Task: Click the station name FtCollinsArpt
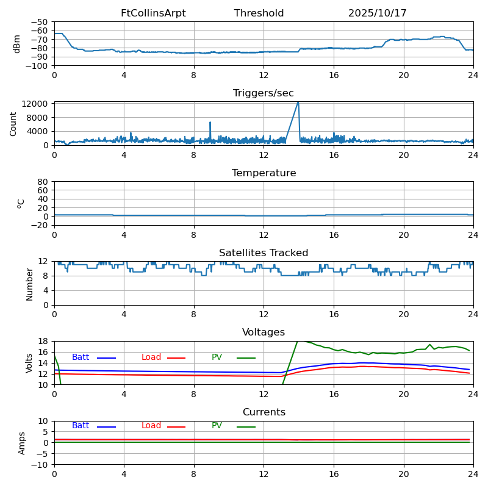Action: (153, 13)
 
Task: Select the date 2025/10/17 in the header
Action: (378, 13)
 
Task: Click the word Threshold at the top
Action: (259, 13)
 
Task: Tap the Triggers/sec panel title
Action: (264, 93)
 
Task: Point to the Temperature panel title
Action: (264, 173)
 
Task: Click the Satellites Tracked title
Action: (264, 253)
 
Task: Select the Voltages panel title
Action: (264, 332)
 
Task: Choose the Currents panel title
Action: (264, 412)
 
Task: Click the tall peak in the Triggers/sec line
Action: (298, 102)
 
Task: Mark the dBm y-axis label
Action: (17, 43)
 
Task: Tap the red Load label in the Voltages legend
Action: (151, 357)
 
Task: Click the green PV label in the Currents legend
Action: (218, 426)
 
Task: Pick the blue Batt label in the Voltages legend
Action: (81, 357)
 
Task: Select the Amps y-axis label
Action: (22, 443)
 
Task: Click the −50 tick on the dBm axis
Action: (40, 22)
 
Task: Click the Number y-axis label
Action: (29, 284)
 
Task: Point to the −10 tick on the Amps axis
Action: (40, 465)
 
